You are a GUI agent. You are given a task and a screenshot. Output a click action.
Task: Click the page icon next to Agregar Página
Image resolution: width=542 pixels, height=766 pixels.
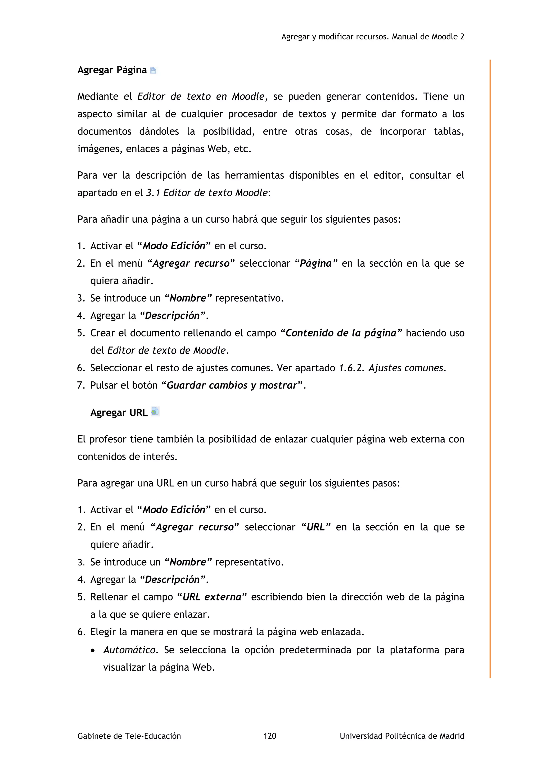point(153,70)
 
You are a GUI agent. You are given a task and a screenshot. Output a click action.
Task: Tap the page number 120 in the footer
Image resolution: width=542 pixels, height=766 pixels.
point(270,736)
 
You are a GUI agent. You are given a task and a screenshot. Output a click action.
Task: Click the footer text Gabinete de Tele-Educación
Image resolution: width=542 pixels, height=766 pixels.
point(129,736)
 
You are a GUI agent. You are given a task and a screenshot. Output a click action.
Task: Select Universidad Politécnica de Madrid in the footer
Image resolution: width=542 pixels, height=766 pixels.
point(401,736)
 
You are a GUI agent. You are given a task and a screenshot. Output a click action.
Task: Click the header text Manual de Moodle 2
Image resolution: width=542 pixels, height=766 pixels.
point(428,37)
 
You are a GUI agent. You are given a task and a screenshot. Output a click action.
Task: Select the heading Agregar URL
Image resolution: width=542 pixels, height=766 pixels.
point(119,413)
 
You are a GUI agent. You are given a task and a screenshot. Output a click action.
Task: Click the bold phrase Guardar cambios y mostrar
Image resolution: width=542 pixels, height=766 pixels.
point(232,385)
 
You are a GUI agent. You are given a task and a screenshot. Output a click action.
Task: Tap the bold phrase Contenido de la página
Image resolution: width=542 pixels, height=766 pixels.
point(341,333)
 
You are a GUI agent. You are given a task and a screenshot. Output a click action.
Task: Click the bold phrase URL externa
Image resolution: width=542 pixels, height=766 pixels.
point(212,597)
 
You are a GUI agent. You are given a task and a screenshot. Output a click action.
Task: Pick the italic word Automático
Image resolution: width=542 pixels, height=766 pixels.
point(129,650)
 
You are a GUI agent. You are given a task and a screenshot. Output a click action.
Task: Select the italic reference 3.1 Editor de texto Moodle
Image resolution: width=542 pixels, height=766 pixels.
point(207,193)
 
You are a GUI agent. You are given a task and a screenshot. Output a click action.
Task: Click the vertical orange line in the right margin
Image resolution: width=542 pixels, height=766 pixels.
point(490,367)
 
